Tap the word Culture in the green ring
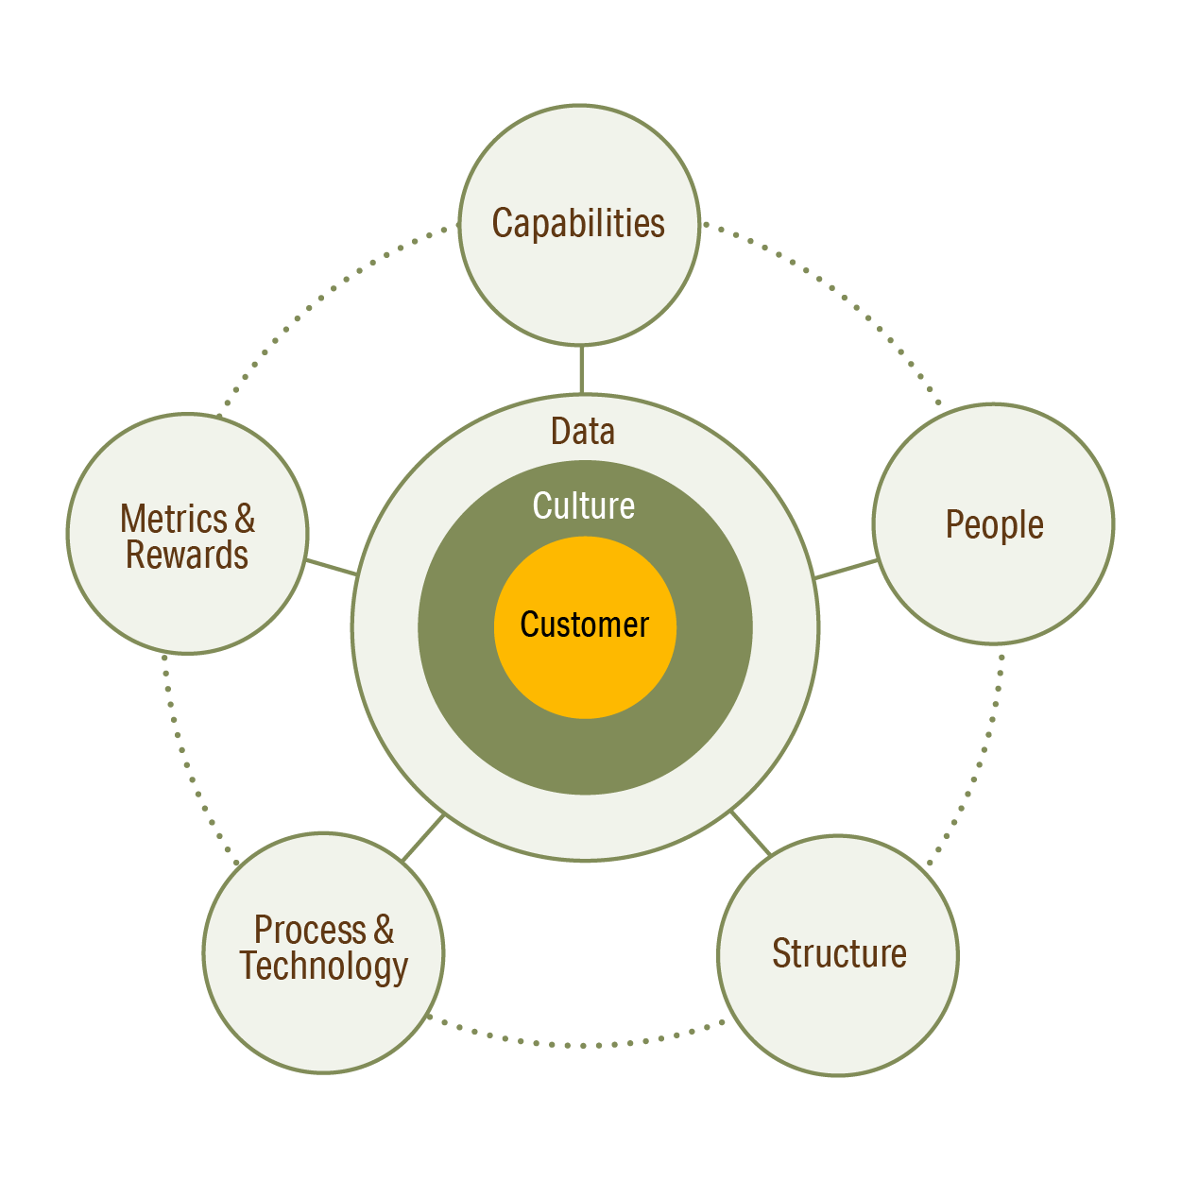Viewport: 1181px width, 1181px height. [584, 506]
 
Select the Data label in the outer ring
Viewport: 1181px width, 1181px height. [583, 432]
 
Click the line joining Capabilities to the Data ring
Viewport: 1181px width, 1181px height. [581, 369]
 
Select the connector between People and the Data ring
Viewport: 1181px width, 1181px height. [846, 569]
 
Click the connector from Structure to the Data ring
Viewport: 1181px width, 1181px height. [751, 832]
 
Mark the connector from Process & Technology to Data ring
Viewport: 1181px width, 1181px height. [423, 837]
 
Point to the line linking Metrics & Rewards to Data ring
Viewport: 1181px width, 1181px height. [331, 567]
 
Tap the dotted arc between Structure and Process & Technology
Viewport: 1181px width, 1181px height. [581, 1045]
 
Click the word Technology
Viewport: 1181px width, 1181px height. [324, 967]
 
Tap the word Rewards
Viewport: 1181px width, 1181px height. [187, 556]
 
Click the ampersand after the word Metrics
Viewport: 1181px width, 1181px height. [245, 519]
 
